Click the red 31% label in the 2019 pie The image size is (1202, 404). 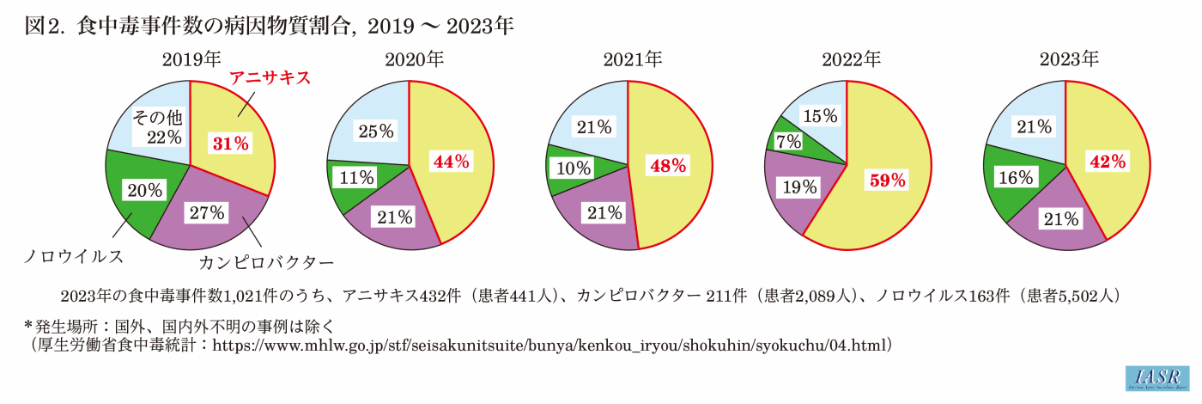[231, 144]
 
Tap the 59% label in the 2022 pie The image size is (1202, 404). [887, 181]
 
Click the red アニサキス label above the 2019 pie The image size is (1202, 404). [269, 78]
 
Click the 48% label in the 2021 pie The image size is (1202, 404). [668, 166]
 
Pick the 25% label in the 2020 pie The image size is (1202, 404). [375, 132]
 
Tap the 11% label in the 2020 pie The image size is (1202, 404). [355, 178]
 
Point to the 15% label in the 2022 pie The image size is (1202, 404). [819, 115]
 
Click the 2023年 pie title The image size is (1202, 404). [1069, 59]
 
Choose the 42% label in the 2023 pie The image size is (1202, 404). [1106, 161]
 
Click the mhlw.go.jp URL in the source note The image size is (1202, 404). [549, 346]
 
